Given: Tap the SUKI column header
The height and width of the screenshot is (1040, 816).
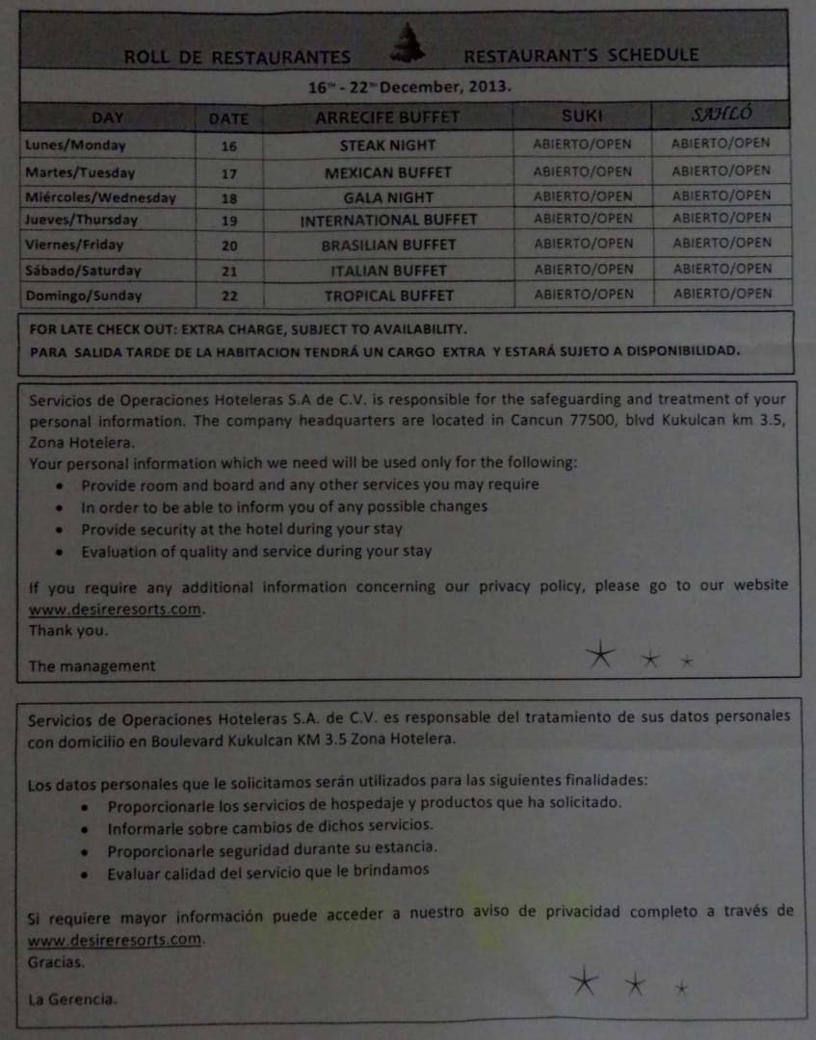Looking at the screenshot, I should [x=582, y=116].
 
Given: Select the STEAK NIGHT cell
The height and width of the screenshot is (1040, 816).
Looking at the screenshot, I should [x=387, y=145].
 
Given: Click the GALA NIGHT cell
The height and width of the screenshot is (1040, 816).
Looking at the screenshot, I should [x=388, y=196].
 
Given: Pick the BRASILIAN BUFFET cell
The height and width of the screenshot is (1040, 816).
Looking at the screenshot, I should [x=388, y=246].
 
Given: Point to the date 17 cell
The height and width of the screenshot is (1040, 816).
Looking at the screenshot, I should [x=228, y=172].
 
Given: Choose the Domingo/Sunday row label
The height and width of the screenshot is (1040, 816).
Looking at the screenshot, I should [x=84, y=296].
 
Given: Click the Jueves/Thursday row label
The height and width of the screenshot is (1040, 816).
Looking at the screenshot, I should [x=82, y=221].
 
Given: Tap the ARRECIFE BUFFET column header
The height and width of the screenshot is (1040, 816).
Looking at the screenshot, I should [x=387, y=118].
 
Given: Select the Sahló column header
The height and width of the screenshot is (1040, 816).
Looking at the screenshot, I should [x=722, y=115].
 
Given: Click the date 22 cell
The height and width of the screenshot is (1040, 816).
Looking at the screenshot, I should [x=228, y=296].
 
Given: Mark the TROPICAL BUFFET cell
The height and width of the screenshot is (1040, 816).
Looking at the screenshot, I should [x=388, y=296].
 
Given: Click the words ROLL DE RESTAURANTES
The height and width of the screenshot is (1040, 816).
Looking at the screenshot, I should [x=237, y=57].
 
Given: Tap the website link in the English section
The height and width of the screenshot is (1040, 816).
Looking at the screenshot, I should [x=117, y=610].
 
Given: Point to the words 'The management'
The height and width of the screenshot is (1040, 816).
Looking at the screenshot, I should [x=92, y=665].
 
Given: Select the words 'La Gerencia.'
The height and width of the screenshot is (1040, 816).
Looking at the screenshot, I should [x=73, y=999].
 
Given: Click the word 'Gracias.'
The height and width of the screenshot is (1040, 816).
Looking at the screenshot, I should [x=56, y=961].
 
